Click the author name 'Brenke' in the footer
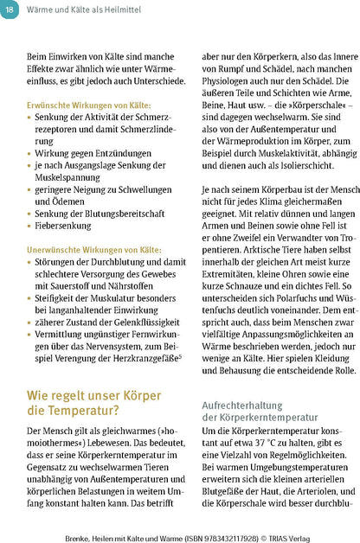pyautogui.click(x=81, y=534)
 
